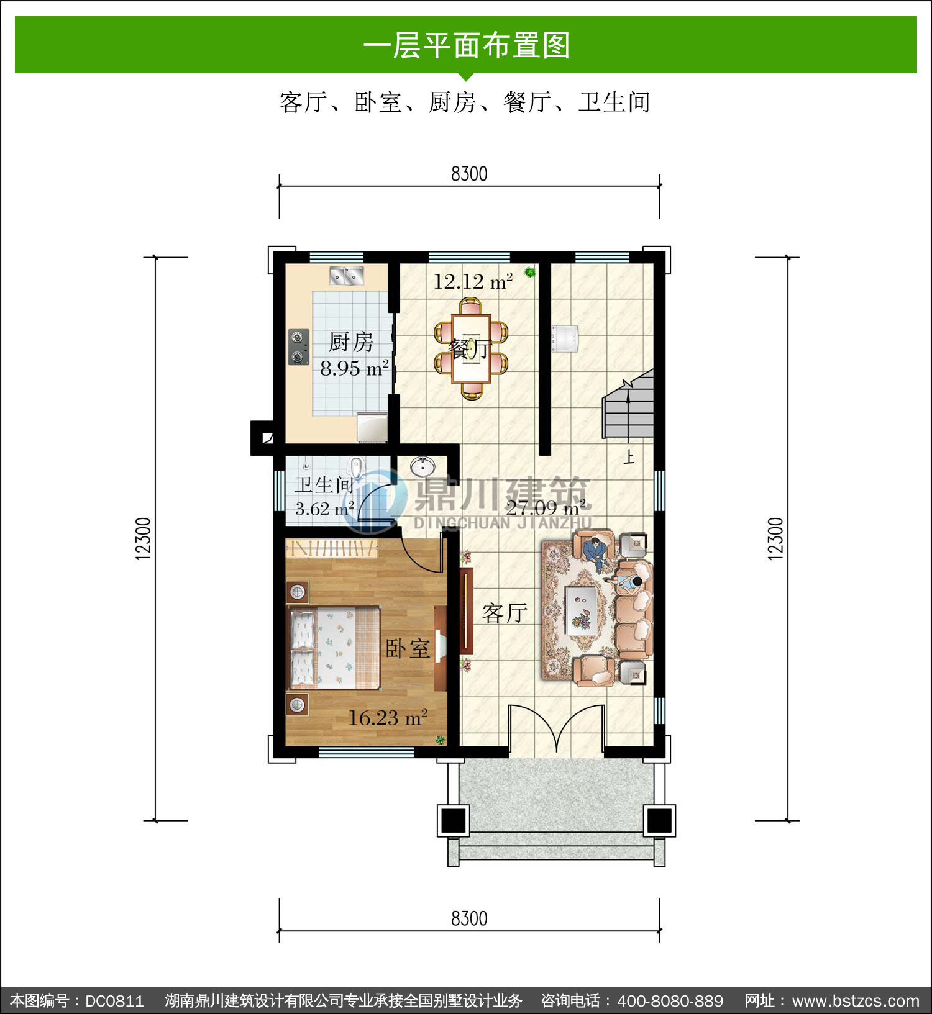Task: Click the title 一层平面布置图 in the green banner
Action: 466,45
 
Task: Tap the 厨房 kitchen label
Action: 351,342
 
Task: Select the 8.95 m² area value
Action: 355,368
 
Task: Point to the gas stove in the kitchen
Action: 299,346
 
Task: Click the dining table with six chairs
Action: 471,349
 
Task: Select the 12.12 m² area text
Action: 473,282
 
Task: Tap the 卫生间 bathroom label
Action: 324,484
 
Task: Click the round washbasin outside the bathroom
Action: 423,466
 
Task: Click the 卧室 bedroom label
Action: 408,649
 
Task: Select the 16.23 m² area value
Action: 388,718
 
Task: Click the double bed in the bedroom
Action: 333,648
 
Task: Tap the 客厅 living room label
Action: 505,613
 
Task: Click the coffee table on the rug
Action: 582,610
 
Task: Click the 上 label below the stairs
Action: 629,458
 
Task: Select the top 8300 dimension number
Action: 469,174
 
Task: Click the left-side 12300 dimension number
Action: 144,538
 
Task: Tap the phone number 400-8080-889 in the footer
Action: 670,1000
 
